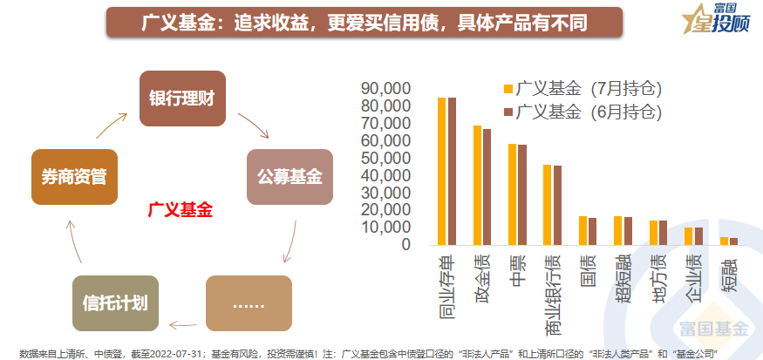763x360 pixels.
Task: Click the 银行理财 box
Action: click(x=182, y=98)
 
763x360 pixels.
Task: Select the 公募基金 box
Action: click(x=290, y=176)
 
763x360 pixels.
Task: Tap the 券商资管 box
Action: click(x=73, y=176)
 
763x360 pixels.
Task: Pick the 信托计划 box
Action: click(x=114, y=303)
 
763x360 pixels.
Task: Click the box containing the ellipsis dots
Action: click(x=248, y=303)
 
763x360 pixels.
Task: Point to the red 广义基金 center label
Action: click(x=181, y=210)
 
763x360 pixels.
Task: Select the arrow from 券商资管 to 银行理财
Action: click(x=110, y=126)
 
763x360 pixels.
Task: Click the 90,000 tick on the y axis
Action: click(x=385, y=89)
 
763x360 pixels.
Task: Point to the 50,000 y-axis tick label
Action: click(x=385, y=158)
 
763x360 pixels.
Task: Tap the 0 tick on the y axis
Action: click(x=405, y=244)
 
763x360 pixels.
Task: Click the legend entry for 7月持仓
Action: click(x=582, y=89)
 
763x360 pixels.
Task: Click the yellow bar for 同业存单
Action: click(x=442, y=171)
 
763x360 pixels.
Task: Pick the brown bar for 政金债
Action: click(x=487, y=187)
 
